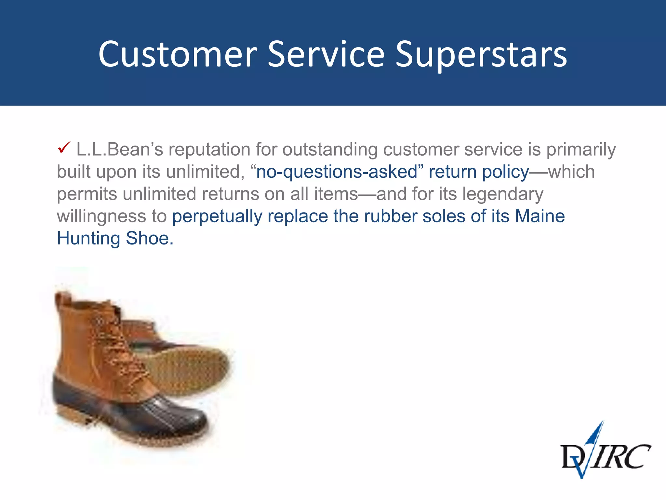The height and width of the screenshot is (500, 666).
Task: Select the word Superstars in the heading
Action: (x=481, y=54)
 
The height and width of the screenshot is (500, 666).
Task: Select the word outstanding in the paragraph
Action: (x=329, y=149)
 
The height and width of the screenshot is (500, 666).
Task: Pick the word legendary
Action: (x=503, y=194)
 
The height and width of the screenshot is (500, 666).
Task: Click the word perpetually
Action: (x=217, y=216)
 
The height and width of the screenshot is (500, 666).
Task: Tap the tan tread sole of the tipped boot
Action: (x=192, y=368)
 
